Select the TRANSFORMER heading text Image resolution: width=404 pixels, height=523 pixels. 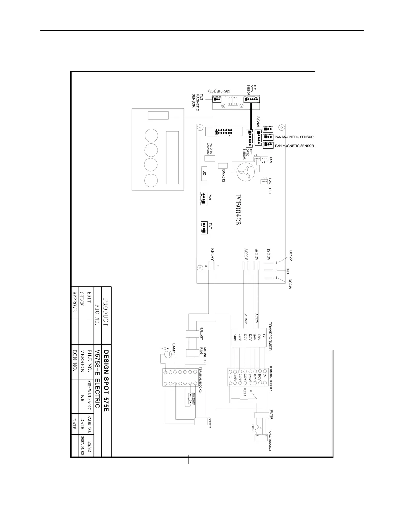point(270,336)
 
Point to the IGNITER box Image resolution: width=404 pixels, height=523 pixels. point(200,422)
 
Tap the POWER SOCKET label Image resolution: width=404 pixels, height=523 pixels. point(270,440)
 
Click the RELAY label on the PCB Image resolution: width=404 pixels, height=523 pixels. point(212,255)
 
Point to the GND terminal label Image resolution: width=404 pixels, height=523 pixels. point(288,270)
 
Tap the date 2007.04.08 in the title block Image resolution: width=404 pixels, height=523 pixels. point(82,446)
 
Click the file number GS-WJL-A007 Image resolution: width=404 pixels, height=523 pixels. point(89,396)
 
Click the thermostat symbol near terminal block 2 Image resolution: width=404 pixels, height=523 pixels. point(191,399)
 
